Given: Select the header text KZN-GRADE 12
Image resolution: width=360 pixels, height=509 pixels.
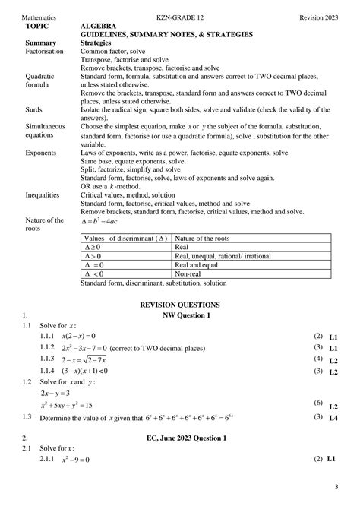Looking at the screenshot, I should [180, 17].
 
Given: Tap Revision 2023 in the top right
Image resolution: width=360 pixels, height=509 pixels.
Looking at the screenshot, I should [320, 17].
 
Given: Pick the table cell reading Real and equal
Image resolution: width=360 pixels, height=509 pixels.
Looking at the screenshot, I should [198, 264].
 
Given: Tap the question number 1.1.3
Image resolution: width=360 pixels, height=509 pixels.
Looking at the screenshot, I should [49, 358].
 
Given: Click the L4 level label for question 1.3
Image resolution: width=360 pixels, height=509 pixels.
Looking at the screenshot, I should [333, 419].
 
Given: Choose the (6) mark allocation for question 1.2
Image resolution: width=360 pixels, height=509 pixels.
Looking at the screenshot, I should [318, 402].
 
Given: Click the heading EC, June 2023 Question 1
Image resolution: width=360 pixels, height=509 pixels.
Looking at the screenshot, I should [187, 438].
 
